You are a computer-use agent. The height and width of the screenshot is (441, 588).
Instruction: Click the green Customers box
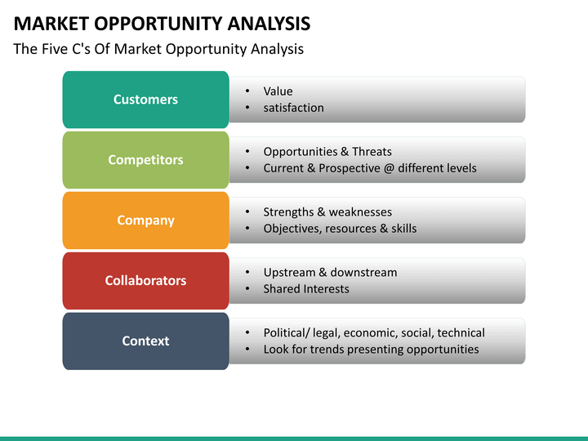pos(145,100)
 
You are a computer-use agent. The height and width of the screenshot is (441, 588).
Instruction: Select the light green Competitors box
pos(145,160)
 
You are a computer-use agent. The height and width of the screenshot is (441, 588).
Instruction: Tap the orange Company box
pos(145,220)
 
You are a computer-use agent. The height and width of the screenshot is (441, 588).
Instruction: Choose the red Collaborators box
pos(145,281)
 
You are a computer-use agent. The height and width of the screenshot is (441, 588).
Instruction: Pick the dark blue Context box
pos(145,341)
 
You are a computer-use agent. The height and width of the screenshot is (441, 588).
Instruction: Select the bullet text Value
pos(278,91)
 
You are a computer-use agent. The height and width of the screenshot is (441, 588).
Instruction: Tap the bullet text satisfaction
pos(293,108)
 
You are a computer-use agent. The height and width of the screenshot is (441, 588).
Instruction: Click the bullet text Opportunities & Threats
pos(327,152)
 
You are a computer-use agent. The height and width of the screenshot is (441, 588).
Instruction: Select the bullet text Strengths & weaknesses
pos(327,212)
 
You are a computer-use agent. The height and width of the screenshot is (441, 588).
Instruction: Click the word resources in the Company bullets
pos(351,229)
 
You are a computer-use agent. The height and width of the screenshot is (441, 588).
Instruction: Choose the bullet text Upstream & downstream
pos(330,273)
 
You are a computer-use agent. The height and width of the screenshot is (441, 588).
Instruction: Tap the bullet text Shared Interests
pos(305,289)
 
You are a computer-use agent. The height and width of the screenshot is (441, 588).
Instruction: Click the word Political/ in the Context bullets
pos(287,333)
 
